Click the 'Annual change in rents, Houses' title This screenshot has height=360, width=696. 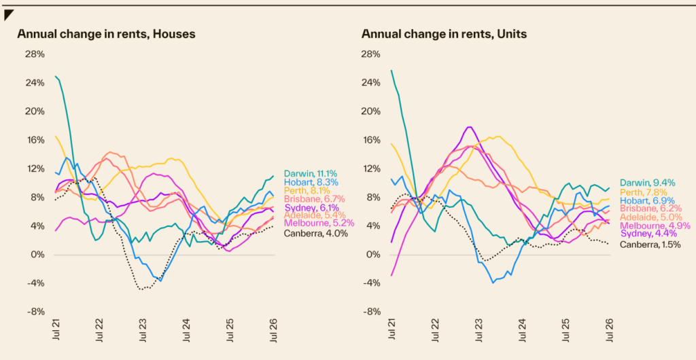click(x=106, y=34)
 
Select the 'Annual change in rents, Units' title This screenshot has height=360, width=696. click(x=444, y=34)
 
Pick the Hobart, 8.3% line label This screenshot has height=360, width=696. click(x=311, y=182)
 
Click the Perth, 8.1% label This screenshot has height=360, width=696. click(x=308, y=191)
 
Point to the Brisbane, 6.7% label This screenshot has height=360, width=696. click(x=314, y=199)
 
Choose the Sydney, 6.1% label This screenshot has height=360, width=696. click(x=311, y=207)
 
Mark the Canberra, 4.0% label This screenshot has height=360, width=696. click(x=316, y=233)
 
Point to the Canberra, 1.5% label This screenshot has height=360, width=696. click(x=650, y=245)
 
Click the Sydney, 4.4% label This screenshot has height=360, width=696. click(x=648, y=234)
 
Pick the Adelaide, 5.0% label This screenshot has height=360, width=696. click(x=650, y=217)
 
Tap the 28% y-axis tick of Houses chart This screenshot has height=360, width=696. click(x=36, y=54)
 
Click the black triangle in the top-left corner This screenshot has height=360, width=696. click(x=7, y=14)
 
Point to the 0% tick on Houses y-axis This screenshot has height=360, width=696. click(x=38, y=255)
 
